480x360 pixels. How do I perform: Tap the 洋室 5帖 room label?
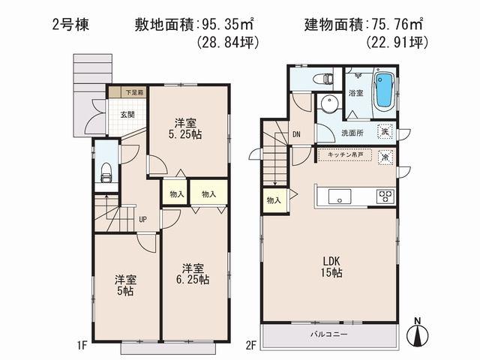125,286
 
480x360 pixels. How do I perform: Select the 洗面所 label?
353,133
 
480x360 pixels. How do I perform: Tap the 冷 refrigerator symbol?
385,157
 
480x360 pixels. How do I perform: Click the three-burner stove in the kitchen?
385,196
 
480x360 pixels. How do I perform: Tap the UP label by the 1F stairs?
140,220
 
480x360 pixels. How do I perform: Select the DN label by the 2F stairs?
296,136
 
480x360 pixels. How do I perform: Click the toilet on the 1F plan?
106,172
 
